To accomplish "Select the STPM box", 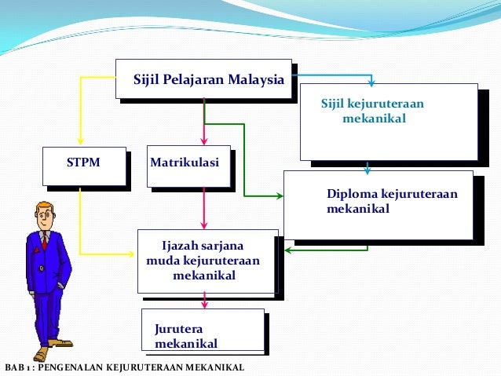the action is click(x=85, y=166).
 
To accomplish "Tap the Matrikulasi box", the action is click(x=188, y=166).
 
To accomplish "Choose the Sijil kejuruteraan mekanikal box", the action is click(x=388, y=121).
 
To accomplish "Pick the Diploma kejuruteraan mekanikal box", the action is click(x=378, y=204).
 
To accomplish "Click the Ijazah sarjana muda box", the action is click(x=207, y=261).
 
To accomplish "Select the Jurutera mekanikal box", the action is click(x=203, y=329).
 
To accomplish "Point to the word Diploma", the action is click(x=350, y=195).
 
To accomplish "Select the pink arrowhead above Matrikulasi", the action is click(x=204, y=141).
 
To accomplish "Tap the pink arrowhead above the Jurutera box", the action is click(x=205, y=304).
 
